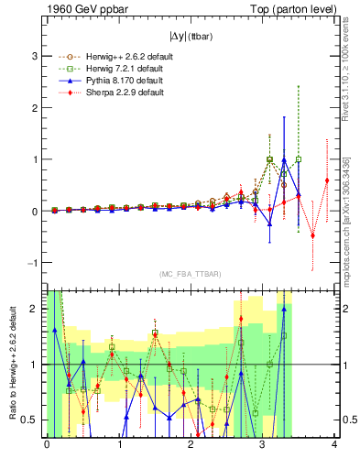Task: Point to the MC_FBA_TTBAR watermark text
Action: pyautogui.click(x=189, y=274)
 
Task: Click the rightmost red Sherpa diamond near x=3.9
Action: pyautogui.click(x=327, y=180)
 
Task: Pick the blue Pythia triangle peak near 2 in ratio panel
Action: pyautogui.click(x=284, y=309)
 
